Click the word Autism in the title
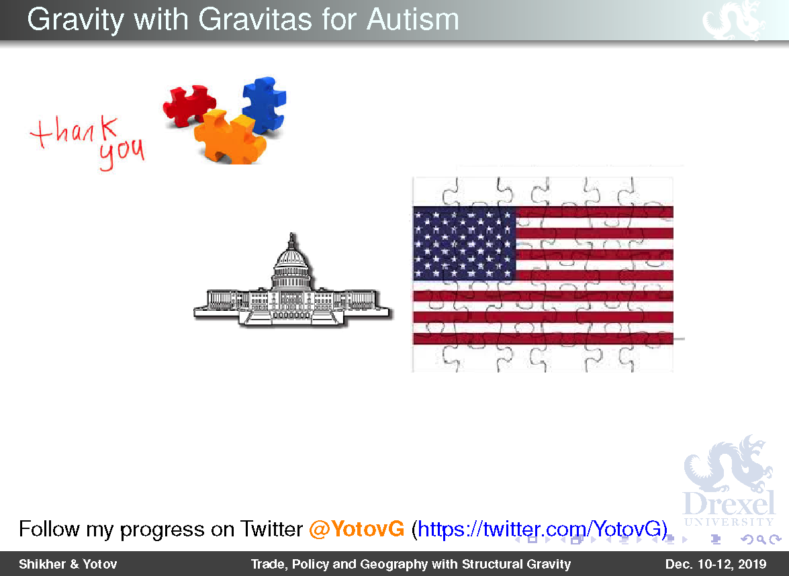tap(412, 19)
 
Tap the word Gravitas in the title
tap(255, 19)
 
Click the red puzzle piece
tap(189, 105)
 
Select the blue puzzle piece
tap(264, 104)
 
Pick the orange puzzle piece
tap(230, 137)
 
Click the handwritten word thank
tap(75, 132)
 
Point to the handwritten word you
tap(122, 153)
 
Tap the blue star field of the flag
tap(464, 244)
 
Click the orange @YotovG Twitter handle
tap(357, 529)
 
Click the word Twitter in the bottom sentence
tap(271, 529)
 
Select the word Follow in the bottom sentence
tap(49, 529)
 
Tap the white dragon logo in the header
tap(734, 20)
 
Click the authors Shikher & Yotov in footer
tap(68, 564)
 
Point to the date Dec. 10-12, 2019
tap(716, 564)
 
